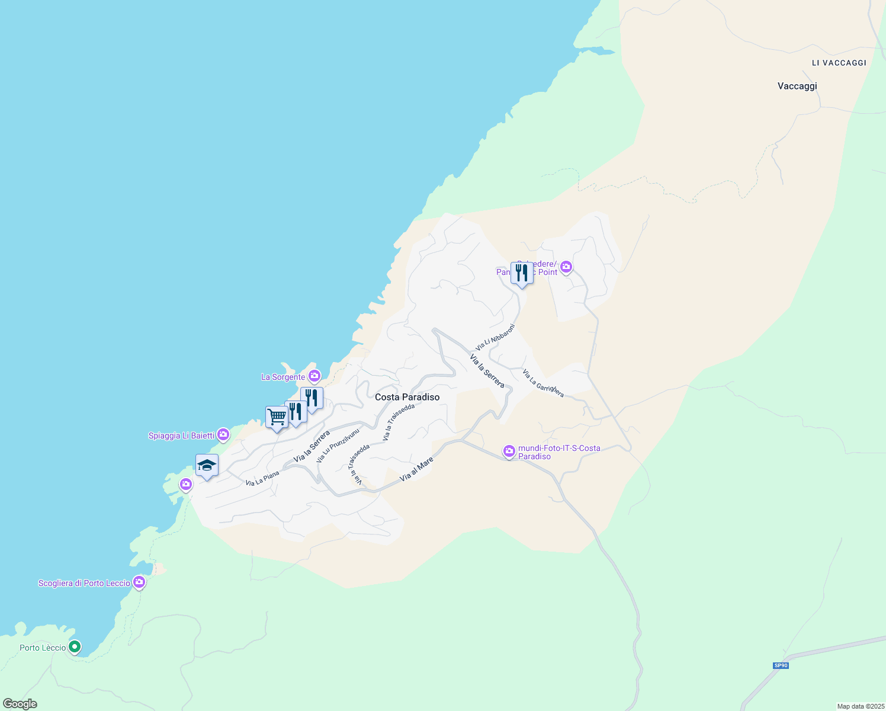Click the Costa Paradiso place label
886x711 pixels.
click(407, 397)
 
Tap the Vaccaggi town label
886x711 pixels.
click(797, 86)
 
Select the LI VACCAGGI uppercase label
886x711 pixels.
click(839, 63)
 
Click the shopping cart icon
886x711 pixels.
click(277, 417)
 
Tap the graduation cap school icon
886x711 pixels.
click(207, 465)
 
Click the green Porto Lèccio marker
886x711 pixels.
click(75, 646)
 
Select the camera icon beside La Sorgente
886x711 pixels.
click(314, 376)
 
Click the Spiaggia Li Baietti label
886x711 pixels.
click(181, 435)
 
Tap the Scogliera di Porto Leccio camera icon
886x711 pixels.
click(139, 582)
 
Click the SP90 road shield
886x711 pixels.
click(781, 665)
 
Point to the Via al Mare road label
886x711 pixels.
click(416, 469)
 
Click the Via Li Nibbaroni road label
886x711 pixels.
click(495, 337)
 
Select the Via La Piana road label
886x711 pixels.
click(262, 479)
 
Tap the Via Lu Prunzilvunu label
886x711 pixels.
click(338, 445)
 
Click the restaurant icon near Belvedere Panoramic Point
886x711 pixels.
click(521, 273)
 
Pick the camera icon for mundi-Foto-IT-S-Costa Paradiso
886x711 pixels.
click(509, 451)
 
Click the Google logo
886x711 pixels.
click(20, 704)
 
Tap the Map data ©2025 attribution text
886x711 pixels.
click(860, 706)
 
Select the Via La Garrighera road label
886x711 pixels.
click(542, 383)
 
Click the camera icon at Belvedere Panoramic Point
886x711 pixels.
click(566, 267)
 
